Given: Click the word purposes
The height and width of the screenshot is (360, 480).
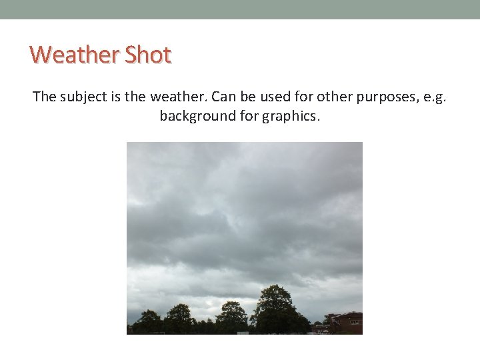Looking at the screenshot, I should [385, 97].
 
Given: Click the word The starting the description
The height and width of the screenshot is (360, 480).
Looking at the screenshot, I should [45, 97].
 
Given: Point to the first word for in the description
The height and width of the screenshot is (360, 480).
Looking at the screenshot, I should [305, 97].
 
